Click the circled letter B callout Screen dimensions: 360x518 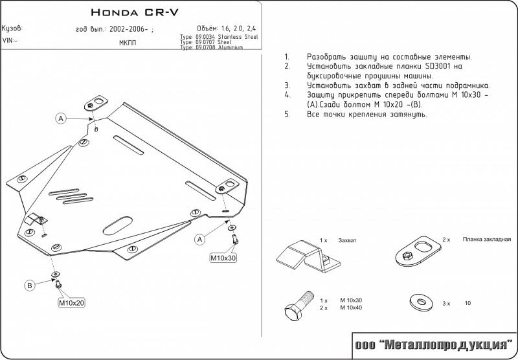[x=30, y=286]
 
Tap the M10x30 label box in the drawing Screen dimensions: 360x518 [x=223, y=258]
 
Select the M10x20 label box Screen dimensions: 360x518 [x=72, y=302]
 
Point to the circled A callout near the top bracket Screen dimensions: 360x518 [x=60, y=118]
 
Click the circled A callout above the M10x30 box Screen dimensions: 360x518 [x=200, y=240]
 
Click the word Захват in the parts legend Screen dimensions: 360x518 [x=348, y=240]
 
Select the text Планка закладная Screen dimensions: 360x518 [x=488, y=239]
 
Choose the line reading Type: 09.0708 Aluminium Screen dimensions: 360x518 [x=212, y=48]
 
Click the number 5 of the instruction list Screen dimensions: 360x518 [x=286, y=114]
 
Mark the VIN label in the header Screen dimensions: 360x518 [x=10, y=40]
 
